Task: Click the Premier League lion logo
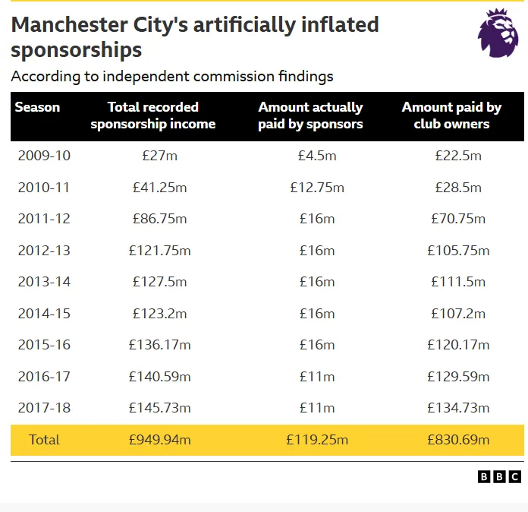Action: [498, 33]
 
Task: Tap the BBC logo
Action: [499, 476]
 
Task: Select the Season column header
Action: [37, 107]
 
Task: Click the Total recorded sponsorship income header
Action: [153, 115]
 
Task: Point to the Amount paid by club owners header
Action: [451, 115]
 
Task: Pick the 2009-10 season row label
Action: [44, 156]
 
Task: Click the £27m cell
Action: [159, 156]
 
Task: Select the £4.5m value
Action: [317, 156]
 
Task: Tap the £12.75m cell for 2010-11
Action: [317, 188]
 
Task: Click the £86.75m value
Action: [159, 219]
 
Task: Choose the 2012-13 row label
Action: [44, 251]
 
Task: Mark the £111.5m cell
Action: [458, 282]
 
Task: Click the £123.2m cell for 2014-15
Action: [159, 314]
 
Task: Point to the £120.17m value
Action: [458, 345]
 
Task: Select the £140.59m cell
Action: [159, 377]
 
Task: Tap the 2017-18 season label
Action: [44, 408]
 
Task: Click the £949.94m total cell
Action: [159, 440]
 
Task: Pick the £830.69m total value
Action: [458, 440]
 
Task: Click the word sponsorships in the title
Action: [77, 51]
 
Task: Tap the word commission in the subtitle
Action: [234, 77]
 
